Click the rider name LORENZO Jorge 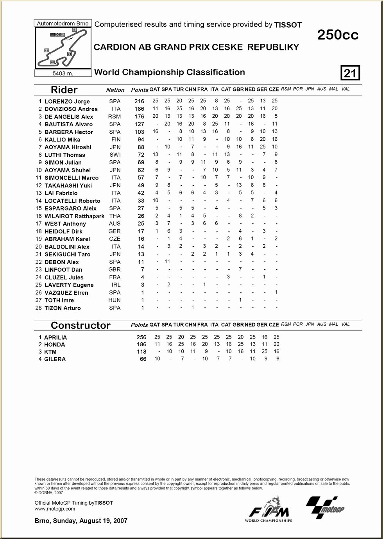pos(67,101)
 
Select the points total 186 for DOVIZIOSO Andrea pos(139,109)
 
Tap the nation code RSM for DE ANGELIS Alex pos(115,116)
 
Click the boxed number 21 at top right pos(350,73)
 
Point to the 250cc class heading pos(338,35)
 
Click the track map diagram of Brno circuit pos(63,48)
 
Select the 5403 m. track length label pos(63,73)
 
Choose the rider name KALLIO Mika pos(62,140)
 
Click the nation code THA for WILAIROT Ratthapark pos(115,216)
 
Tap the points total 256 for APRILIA pos(141,337)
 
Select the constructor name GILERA pos(55,359)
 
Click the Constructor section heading pos(81,326)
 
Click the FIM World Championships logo pos(268,510)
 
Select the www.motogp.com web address pos(55,509)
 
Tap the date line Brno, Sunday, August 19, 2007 pos(81,521)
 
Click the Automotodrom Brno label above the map pos(63,23)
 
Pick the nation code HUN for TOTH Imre pos(115,300)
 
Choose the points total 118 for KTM pos(141,352)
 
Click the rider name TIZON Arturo pos(63,308)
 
